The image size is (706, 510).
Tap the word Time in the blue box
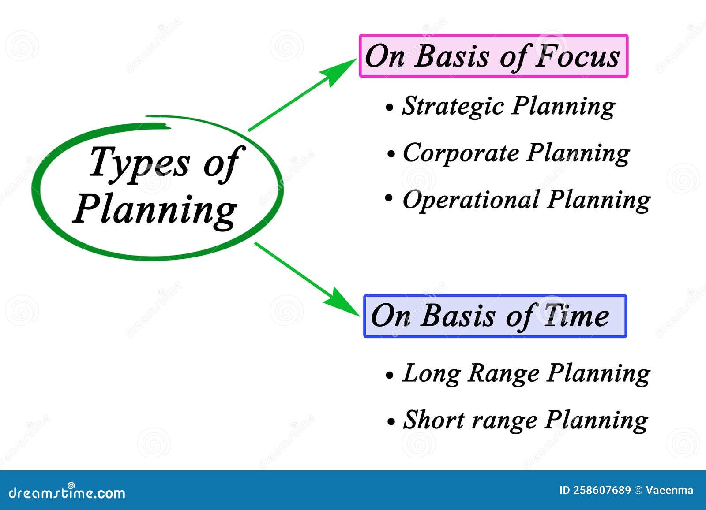click(576, 316)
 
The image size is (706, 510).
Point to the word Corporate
click(461, 154)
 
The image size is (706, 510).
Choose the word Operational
click(471, 201)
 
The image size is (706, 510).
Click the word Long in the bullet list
click(432, 374)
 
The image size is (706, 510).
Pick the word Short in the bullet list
click(434, 420)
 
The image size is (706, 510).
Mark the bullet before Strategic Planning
click(390, 108)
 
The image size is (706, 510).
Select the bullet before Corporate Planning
click(391, 154)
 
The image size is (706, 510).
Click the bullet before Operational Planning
click(389, 198)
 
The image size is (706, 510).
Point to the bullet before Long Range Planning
click(390, 375)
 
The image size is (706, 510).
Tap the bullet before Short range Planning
click(391, 422)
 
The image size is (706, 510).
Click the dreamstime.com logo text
click(67, 492)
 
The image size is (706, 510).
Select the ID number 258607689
click(602, 490)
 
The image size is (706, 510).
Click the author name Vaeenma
click(669, 490)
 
